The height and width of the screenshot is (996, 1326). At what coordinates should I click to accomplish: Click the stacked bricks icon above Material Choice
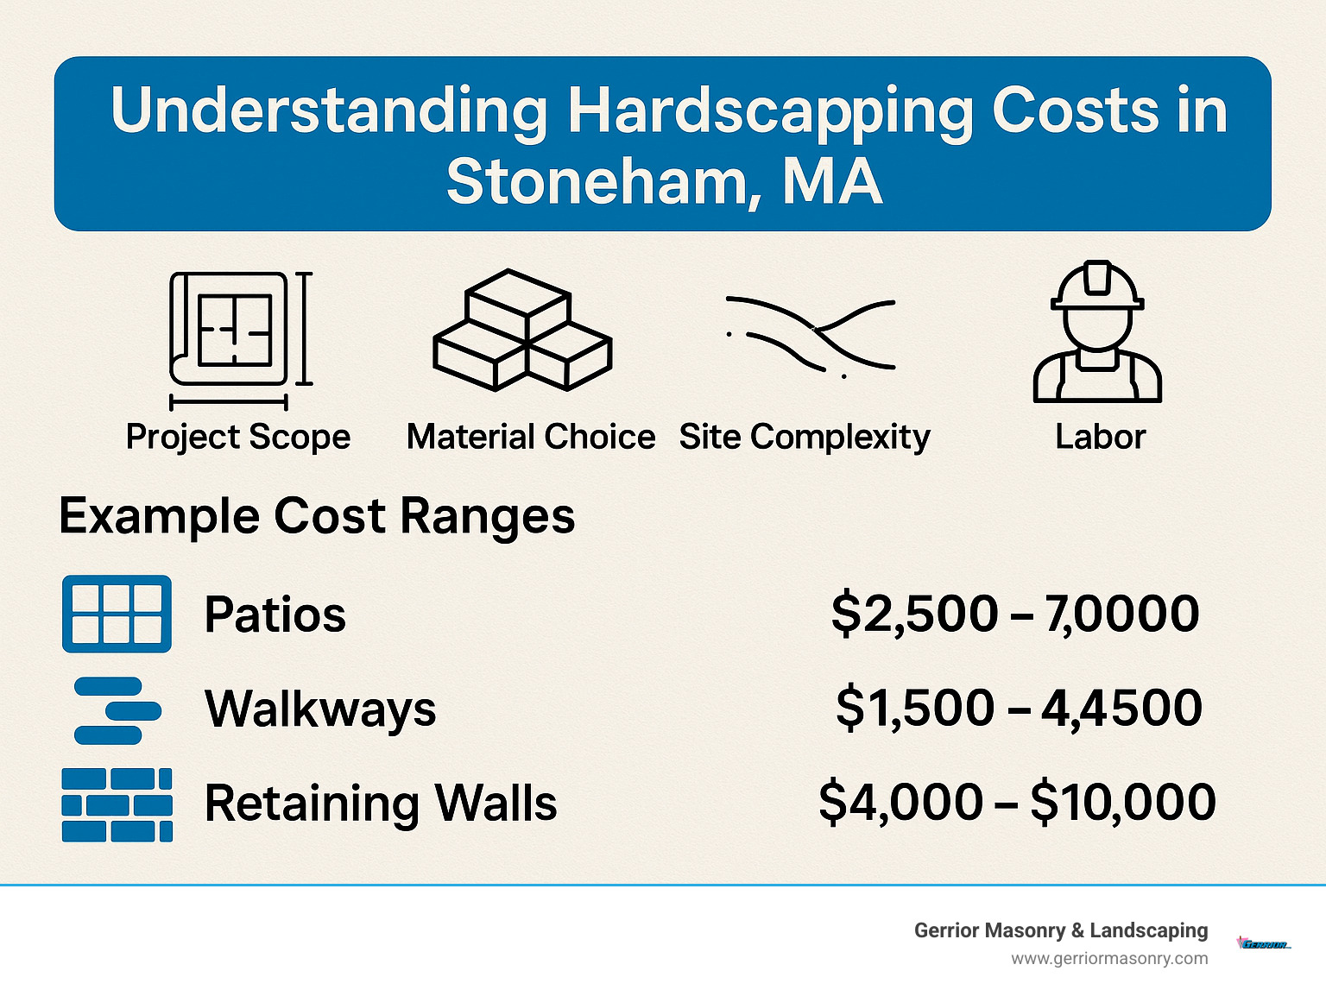coord(522,330)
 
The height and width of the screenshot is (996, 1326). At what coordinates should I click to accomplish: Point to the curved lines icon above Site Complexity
coord(811,335)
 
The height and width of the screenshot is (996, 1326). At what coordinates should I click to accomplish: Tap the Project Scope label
coord(238,437)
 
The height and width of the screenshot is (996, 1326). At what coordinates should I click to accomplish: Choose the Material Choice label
coord(531,437)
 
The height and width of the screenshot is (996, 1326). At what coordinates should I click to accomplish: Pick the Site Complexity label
coord(805,437)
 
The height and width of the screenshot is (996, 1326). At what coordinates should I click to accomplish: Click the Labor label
coord(1100,437)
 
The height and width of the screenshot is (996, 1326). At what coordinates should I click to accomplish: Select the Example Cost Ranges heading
coord(317,516)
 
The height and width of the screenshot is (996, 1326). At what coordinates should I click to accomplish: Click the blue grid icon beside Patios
coord(117,614)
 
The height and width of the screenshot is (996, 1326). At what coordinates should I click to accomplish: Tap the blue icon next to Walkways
coord(117,710)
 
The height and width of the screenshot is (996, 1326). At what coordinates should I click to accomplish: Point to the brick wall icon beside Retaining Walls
coord(117,804)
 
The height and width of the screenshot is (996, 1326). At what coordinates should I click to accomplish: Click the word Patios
coord(275,615)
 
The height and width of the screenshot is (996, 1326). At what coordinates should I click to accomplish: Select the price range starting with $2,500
coord(1015,614)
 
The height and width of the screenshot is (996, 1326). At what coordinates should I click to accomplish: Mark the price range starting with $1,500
coord(1019,708)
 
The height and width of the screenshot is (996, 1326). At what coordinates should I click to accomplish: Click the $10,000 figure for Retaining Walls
coord(1123,802)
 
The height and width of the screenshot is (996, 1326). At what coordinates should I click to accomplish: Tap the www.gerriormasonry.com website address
coord(1109,958)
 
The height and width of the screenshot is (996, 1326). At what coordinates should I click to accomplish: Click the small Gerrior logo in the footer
coord(1264,944)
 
